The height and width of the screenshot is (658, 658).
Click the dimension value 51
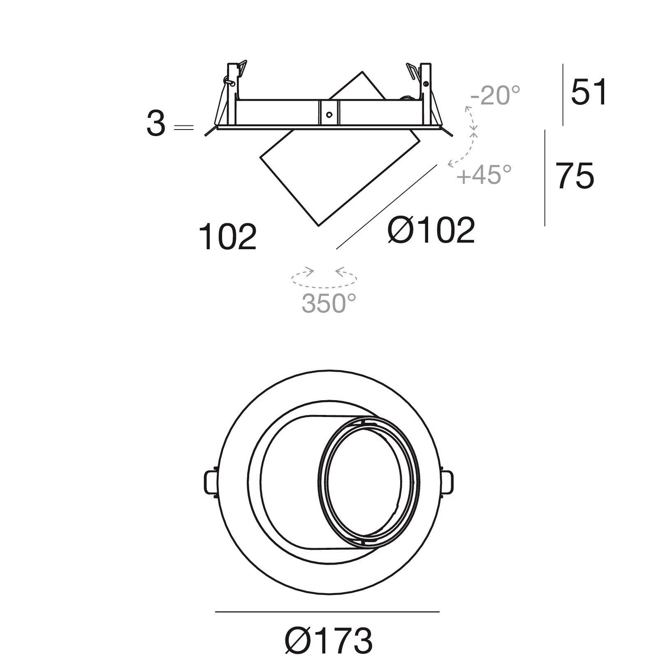(x=588, y=92)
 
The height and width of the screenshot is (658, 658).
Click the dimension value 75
(x=575, y=176)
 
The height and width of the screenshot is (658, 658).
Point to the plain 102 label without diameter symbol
(x=227, y=237)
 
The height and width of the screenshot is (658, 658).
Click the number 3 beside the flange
(x=156, y=125)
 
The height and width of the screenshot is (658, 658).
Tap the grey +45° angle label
(x=484, y=174)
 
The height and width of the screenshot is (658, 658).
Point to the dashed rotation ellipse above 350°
(x=324, y=279)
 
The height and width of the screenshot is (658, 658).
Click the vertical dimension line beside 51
(x=563, y=95)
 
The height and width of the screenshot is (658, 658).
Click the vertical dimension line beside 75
(x=545, y=178)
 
